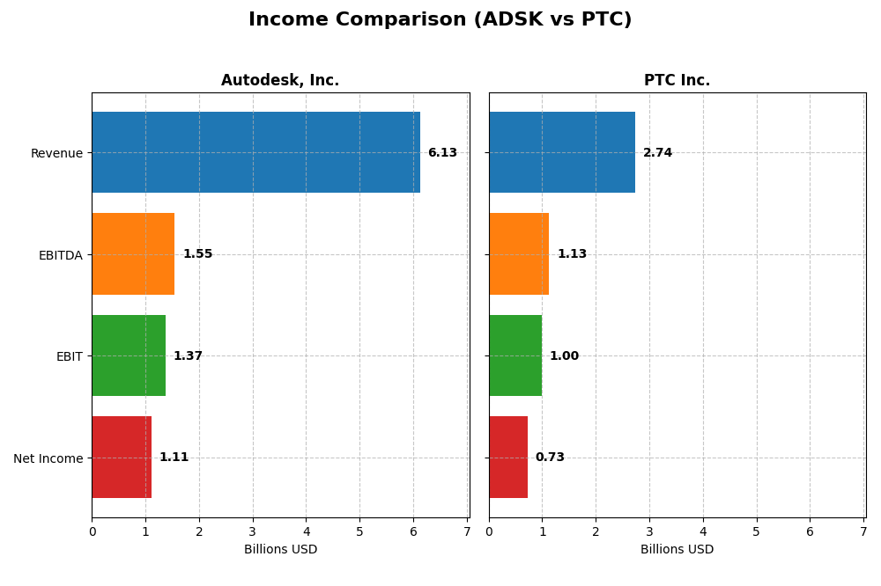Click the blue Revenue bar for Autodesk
255,152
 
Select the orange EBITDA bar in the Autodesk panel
133,254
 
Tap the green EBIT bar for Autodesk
129,355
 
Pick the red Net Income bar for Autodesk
122,458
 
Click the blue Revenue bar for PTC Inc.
562,152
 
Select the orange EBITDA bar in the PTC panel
519,254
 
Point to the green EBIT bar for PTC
515,355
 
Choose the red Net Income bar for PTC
508,458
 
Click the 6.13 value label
442,153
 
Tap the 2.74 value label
657,153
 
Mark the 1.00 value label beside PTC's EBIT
564,356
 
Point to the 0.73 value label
550,458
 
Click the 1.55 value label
197,254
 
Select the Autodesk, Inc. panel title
280,81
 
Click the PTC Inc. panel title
677,81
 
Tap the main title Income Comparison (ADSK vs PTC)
440,20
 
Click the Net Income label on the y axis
48,458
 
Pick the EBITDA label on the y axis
60,255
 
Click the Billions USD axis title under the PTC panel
677,550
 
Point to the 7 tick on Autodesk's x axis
467,531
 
